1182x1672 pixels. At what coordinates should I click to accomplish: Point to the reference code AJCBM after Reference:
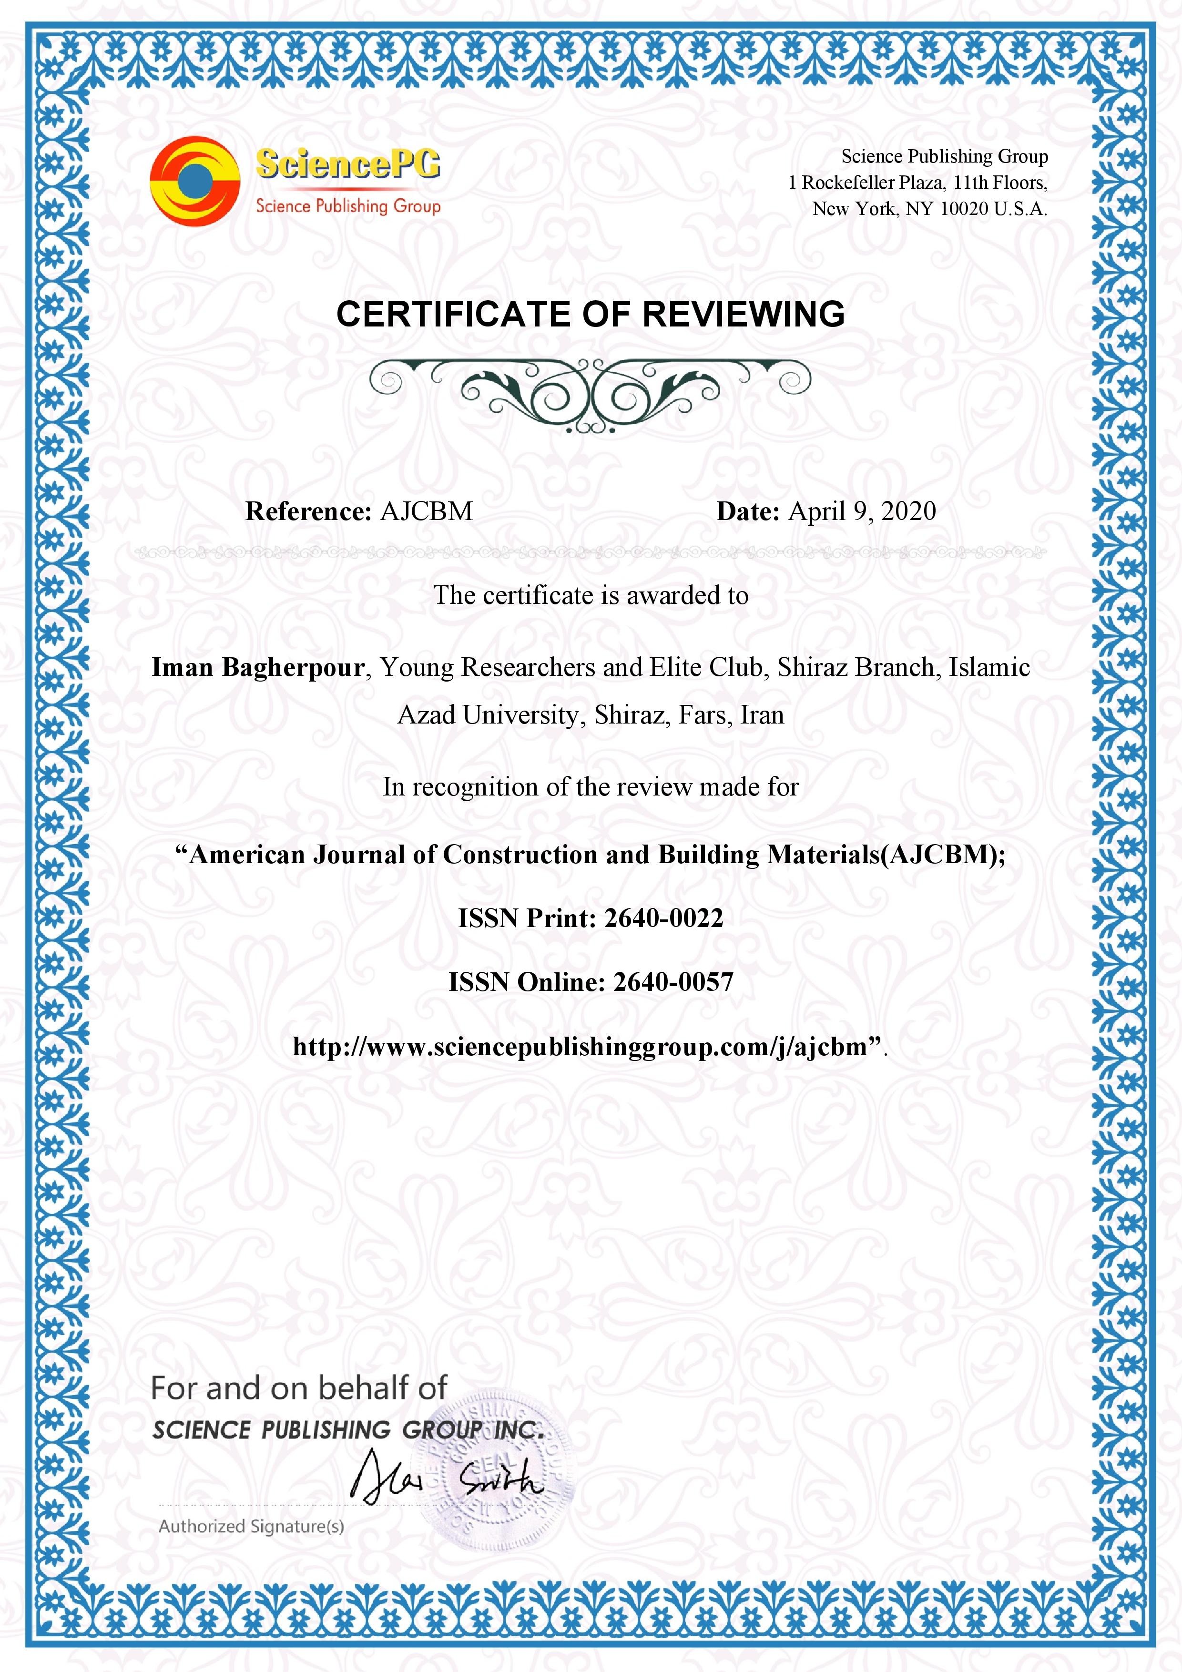[426, 511]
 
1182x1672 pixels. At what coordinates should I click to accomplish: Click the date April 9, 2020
[862, 511]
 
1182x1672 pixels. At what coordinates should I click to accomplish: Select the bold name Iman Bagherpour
[258, 667]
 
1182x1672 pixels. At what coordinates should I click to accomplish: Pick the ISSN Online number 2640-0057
[673, 982]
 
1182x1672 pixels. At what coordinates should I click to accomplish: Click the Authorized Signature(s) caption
[251, 1526]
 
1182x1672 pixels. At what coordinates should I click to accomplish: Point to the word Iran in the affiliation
[762, 715]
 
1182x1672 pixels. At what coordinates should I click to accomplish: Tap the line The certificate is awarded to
[591, 596]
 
